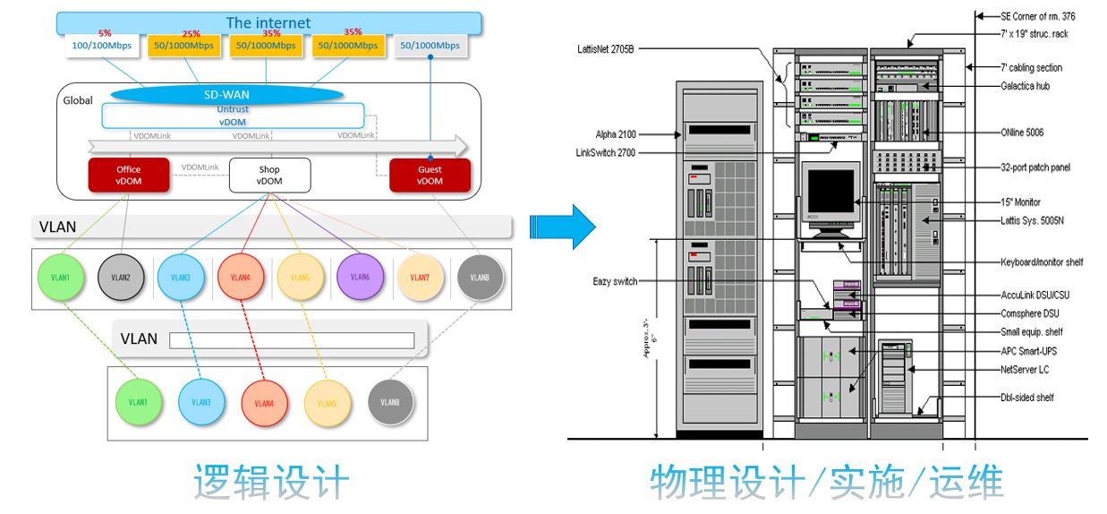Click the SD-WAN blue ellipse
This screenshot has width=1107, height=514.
[226, 93]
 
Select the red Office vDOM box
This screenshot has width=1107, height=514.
[128, 176]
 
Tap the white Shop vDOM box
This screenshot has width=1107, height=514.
[269, 176]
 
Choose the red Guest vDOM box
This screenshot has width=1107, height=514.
[430, 176]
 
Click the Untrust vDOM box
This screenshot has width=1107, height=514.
[233, 116]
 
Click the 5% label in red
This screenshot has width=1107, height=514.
[105, 32]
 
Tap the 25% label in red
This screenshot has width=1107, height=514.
[191, 33]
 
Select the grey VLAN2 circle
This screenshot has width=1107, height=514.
[121, 278]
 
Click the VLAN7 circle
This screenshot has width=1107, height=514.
[420, 278]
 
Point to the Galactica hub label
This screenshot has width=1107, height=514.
[1025, 86]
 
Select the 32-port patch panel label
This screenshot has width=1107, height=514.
[1035, 167]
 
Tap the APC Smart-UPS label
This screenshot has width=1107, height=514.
[1031, 351]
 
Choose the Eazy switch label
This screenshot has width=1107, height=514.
[615, 281]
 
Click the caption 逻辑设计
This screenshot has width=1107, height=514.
[271, 482]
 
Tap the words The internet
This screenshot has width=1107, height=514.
[268, 22]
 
